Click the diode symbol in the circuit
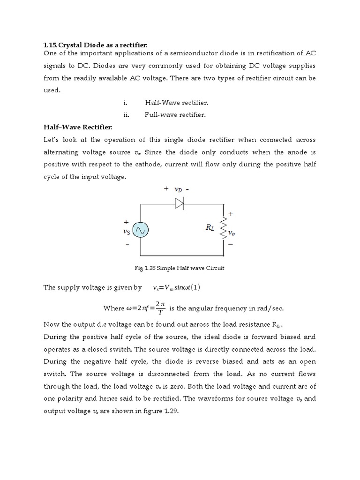click(x=180, y=203)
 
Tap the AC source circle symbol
click(x=140, y=230)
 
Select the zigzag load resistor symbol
click(x=223, y=228)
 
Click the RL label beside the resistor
click(x=210, y=227)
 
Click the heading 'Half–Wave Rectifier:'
click(x=78, y=127)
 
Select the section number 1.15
click(x=49, y=45)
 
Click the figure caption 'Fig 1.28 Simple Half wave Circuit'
click(x=180, y=268)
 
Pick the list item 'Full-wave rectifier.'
click(x=175, y=114)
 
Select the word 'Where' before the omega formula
click(x=113, y=308)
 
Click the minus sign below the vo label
click(x=231, y=244)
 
